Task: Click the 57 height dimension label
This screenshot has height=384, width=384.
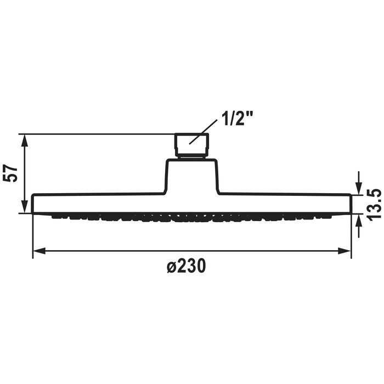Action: pyautogui.click(x=10, y=173)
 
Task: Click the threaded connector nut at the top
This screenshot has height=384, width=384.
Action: pyautogui.click(x=191, y=145)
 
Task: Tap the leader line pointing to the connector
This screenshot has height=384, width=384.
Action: pyautogui.click(x=204, y=132)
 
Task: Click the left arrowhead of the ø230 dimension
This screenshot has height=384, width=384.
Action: pyautogui.click(x=39, y=251)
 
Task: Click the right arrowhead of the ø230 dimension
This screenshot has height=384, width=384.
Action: pyautogui.click(x=345, y=251)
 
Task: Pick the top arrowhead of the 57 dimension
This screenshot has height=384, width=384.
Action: pyautogui.click(x=25, y=140)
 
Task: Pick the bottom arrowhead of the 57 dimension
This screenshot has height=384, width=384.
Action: pyautogui.click(x=25, y=207)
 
